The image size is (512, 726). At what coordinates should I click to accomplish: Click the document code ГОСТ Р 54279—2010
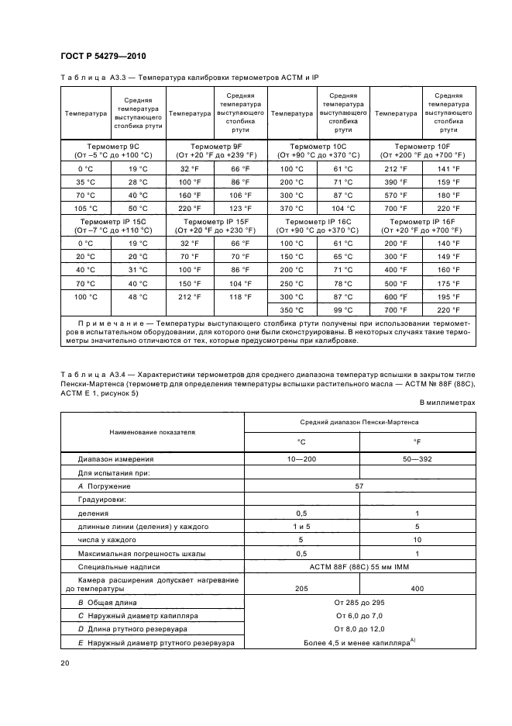click(x=102, y=57)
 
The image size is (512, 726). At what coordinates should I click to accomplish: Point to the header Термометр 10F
click(x=423, y=146)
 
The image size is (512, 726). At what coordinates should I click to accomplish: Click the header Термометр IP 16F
click(x=423, y=221)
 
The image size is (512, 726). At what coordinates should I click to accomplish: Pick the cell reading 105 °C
click(x=85, y=208)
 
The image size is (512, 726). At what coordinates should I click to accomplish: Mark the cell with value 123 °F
click(x=241, y=208)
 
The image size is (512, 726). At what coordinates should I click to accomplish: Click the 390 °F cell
click(x=396, y=181)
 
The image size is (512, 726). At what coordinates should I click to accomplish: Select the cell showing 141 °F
click(x=448, y=168)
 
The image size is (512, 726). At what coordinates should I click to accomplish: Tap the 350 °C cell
click(x=292, y=309)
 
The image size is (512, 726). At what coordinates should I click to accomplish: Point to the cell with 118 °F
click(x=241, y=296)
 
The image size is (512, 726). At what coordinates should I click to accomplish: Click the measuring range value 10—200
click(x=301, y=458)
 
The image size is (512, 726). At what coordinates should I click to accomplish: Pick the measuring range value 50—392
click(x=418, y=458)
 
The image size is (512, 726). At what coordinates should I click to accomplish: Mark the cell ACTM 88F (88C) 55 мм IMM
click(x=359, y=566)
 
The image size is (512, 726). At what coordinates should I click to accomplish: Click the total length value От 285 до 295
click(x=359, y=602)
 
